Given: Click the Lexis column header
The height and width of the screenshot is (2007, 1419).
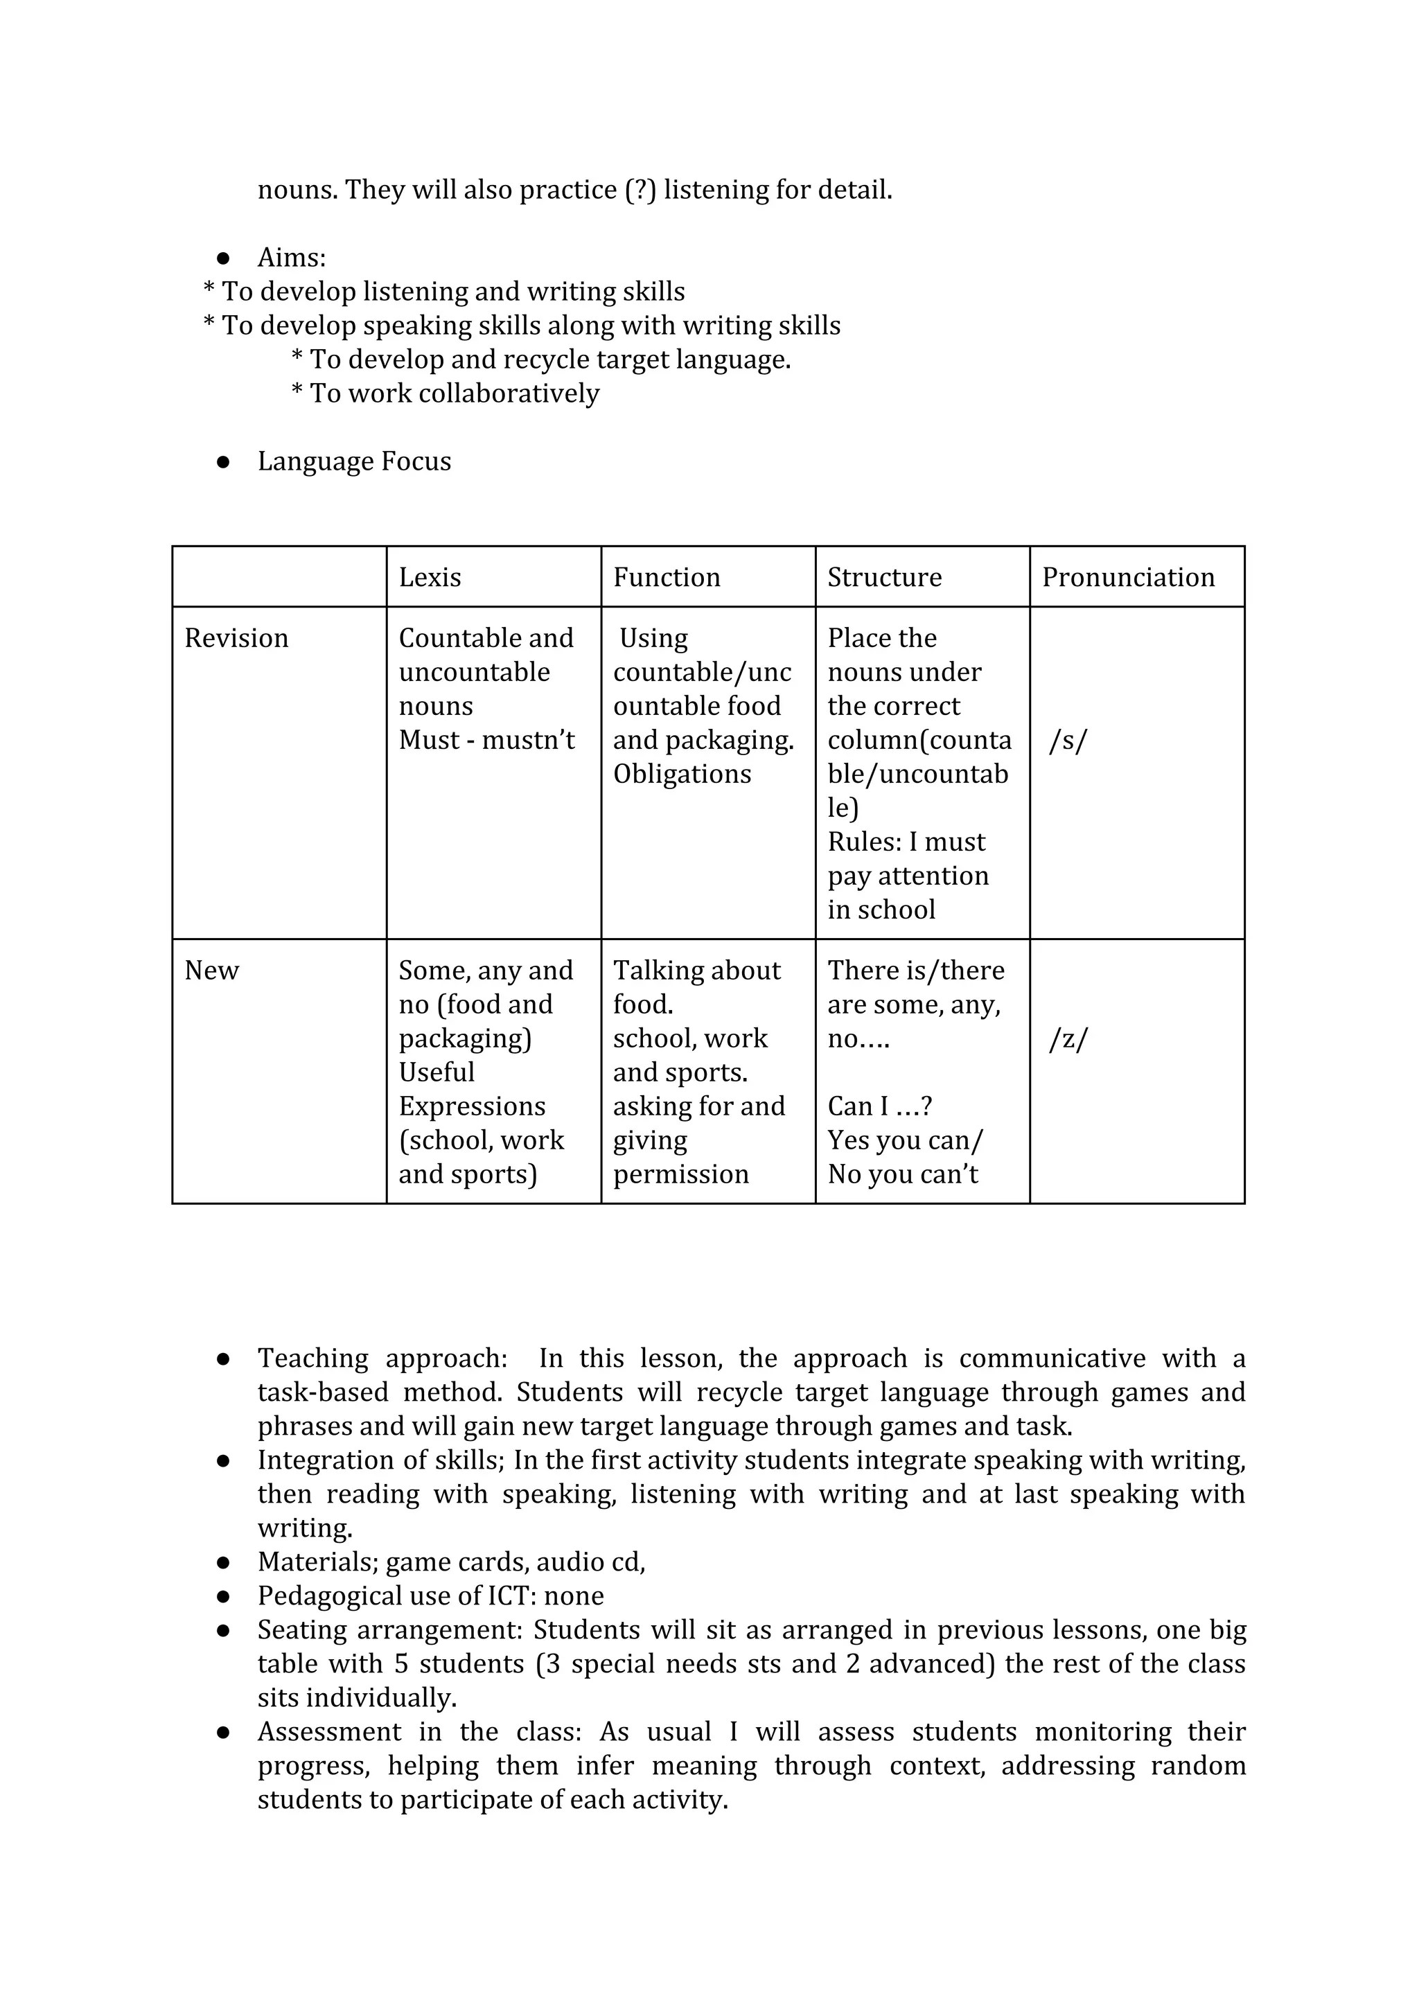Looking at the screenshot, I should pyautogui.click(x=430, y=577).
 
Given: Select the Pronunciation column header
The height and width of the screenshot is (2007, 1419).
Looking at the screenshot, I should pyautogui.click(x=1127, y=577).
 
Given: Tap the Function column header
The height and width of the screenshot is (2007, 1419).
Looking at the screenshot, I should pyautogui.click(x=667, y=577).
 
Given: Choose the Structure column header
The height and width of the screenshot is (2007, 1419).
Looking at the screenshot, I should pyautogui.click(x=884, y=577).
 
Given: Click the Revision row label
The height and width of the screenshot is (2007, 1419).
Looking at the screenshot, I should pyautogui.click(x=236, y=638).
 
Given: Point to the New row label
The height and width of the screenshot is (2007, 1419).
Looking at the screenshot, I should pyautogui.click(x=211, y=971).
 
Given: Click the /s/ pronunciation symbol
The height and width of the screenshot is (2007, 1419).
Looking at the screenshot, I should pyautogui.click(x=1068, y=741).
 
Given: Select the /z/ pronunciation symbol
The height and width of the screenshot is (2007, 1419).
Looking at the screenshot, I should pyautogui.click(x=1068, y=1039).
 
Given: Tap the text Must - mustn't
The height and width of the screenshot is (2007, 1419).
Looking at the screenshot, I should pyautogui.click(x=486, y=741).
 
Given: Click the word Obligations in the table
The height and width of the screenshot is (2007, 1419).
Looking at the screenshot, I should pyautogui.click(x=682, y=775).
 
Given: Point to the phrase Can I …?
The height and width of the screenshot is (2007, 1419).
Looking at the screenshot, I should pyautogui.click(x=879, y=1106).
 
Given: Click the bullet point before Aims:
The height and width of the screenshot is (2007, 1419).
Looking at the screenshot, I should pyautogui.click(x=223, y=258).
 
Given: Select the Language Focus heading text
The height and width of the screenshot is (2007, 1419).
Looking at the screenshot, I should pyautogui.click(x=354, y=461).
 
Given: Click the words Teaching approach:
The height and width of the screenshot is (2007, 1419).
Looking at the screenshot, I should pyautogui.click(x=382, y=1359).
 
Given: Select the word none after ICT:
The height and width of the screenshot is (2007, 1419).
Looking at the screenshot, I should pyautogui.click(x=574, y=1596).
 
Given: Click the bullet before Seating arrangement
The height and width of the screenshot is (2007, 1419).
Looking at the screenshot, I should pyautogui.click(x=223, y=1631).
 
